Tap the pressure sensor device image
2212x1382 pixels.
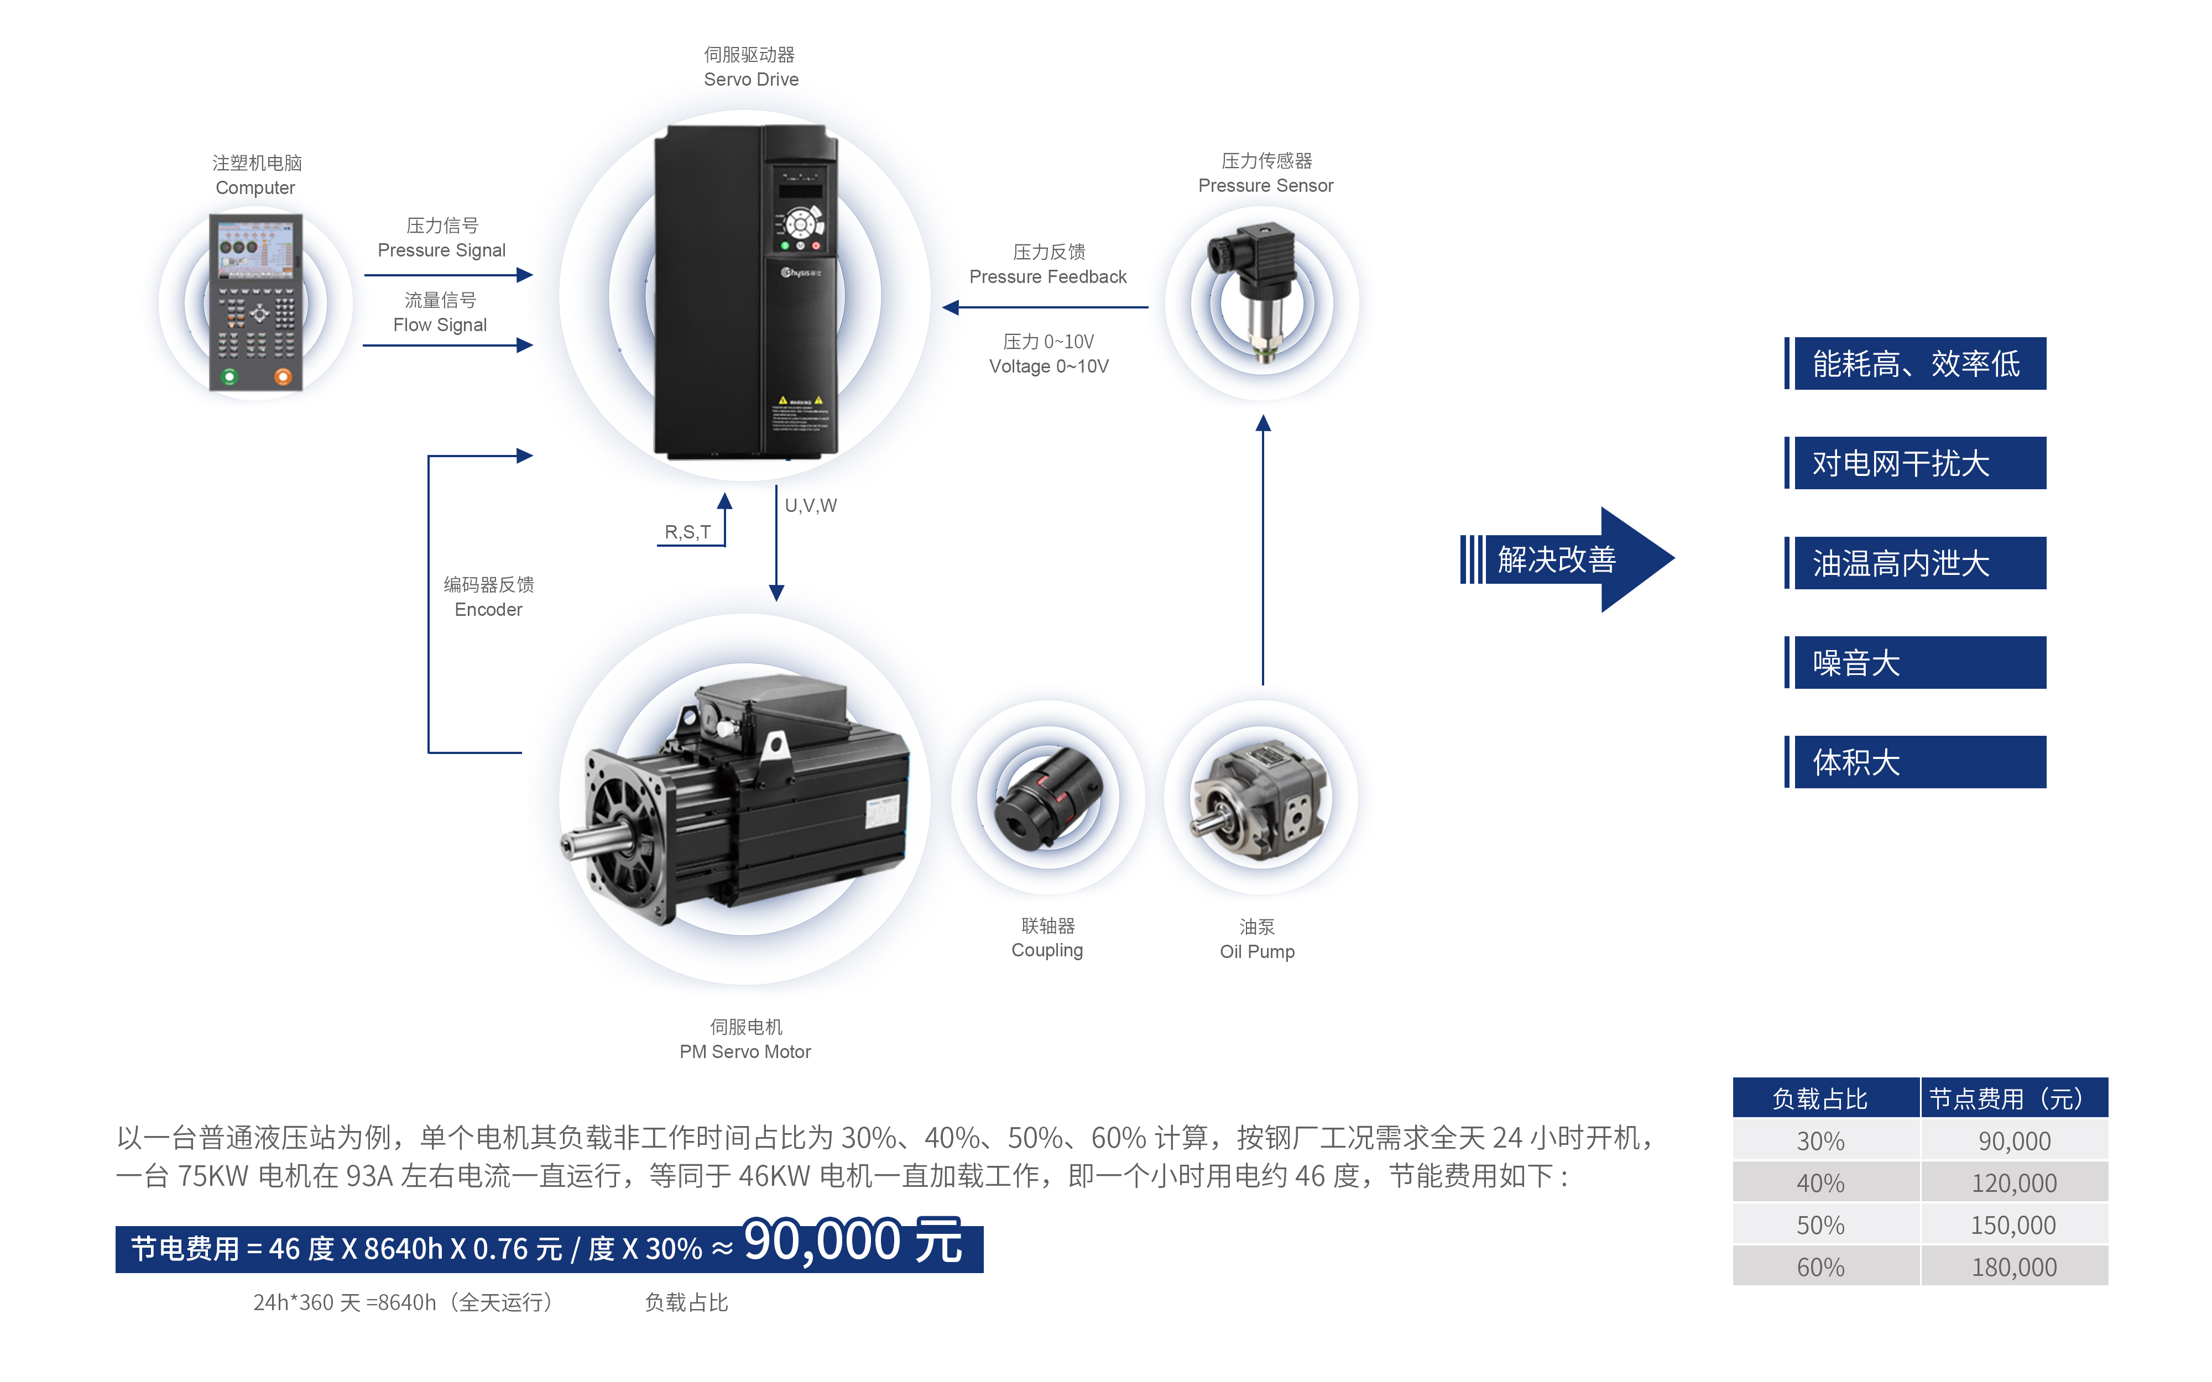click(x=1257, y=292)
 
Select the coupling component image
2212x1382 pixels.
click(x=1048, y=797)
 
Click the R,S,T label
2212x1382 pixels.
click(x=687, y=532)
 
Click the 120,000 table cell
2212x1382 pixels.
click(x=2013, y=1183)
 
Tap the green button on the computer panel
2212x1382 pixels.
click(x=229, y=376)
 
